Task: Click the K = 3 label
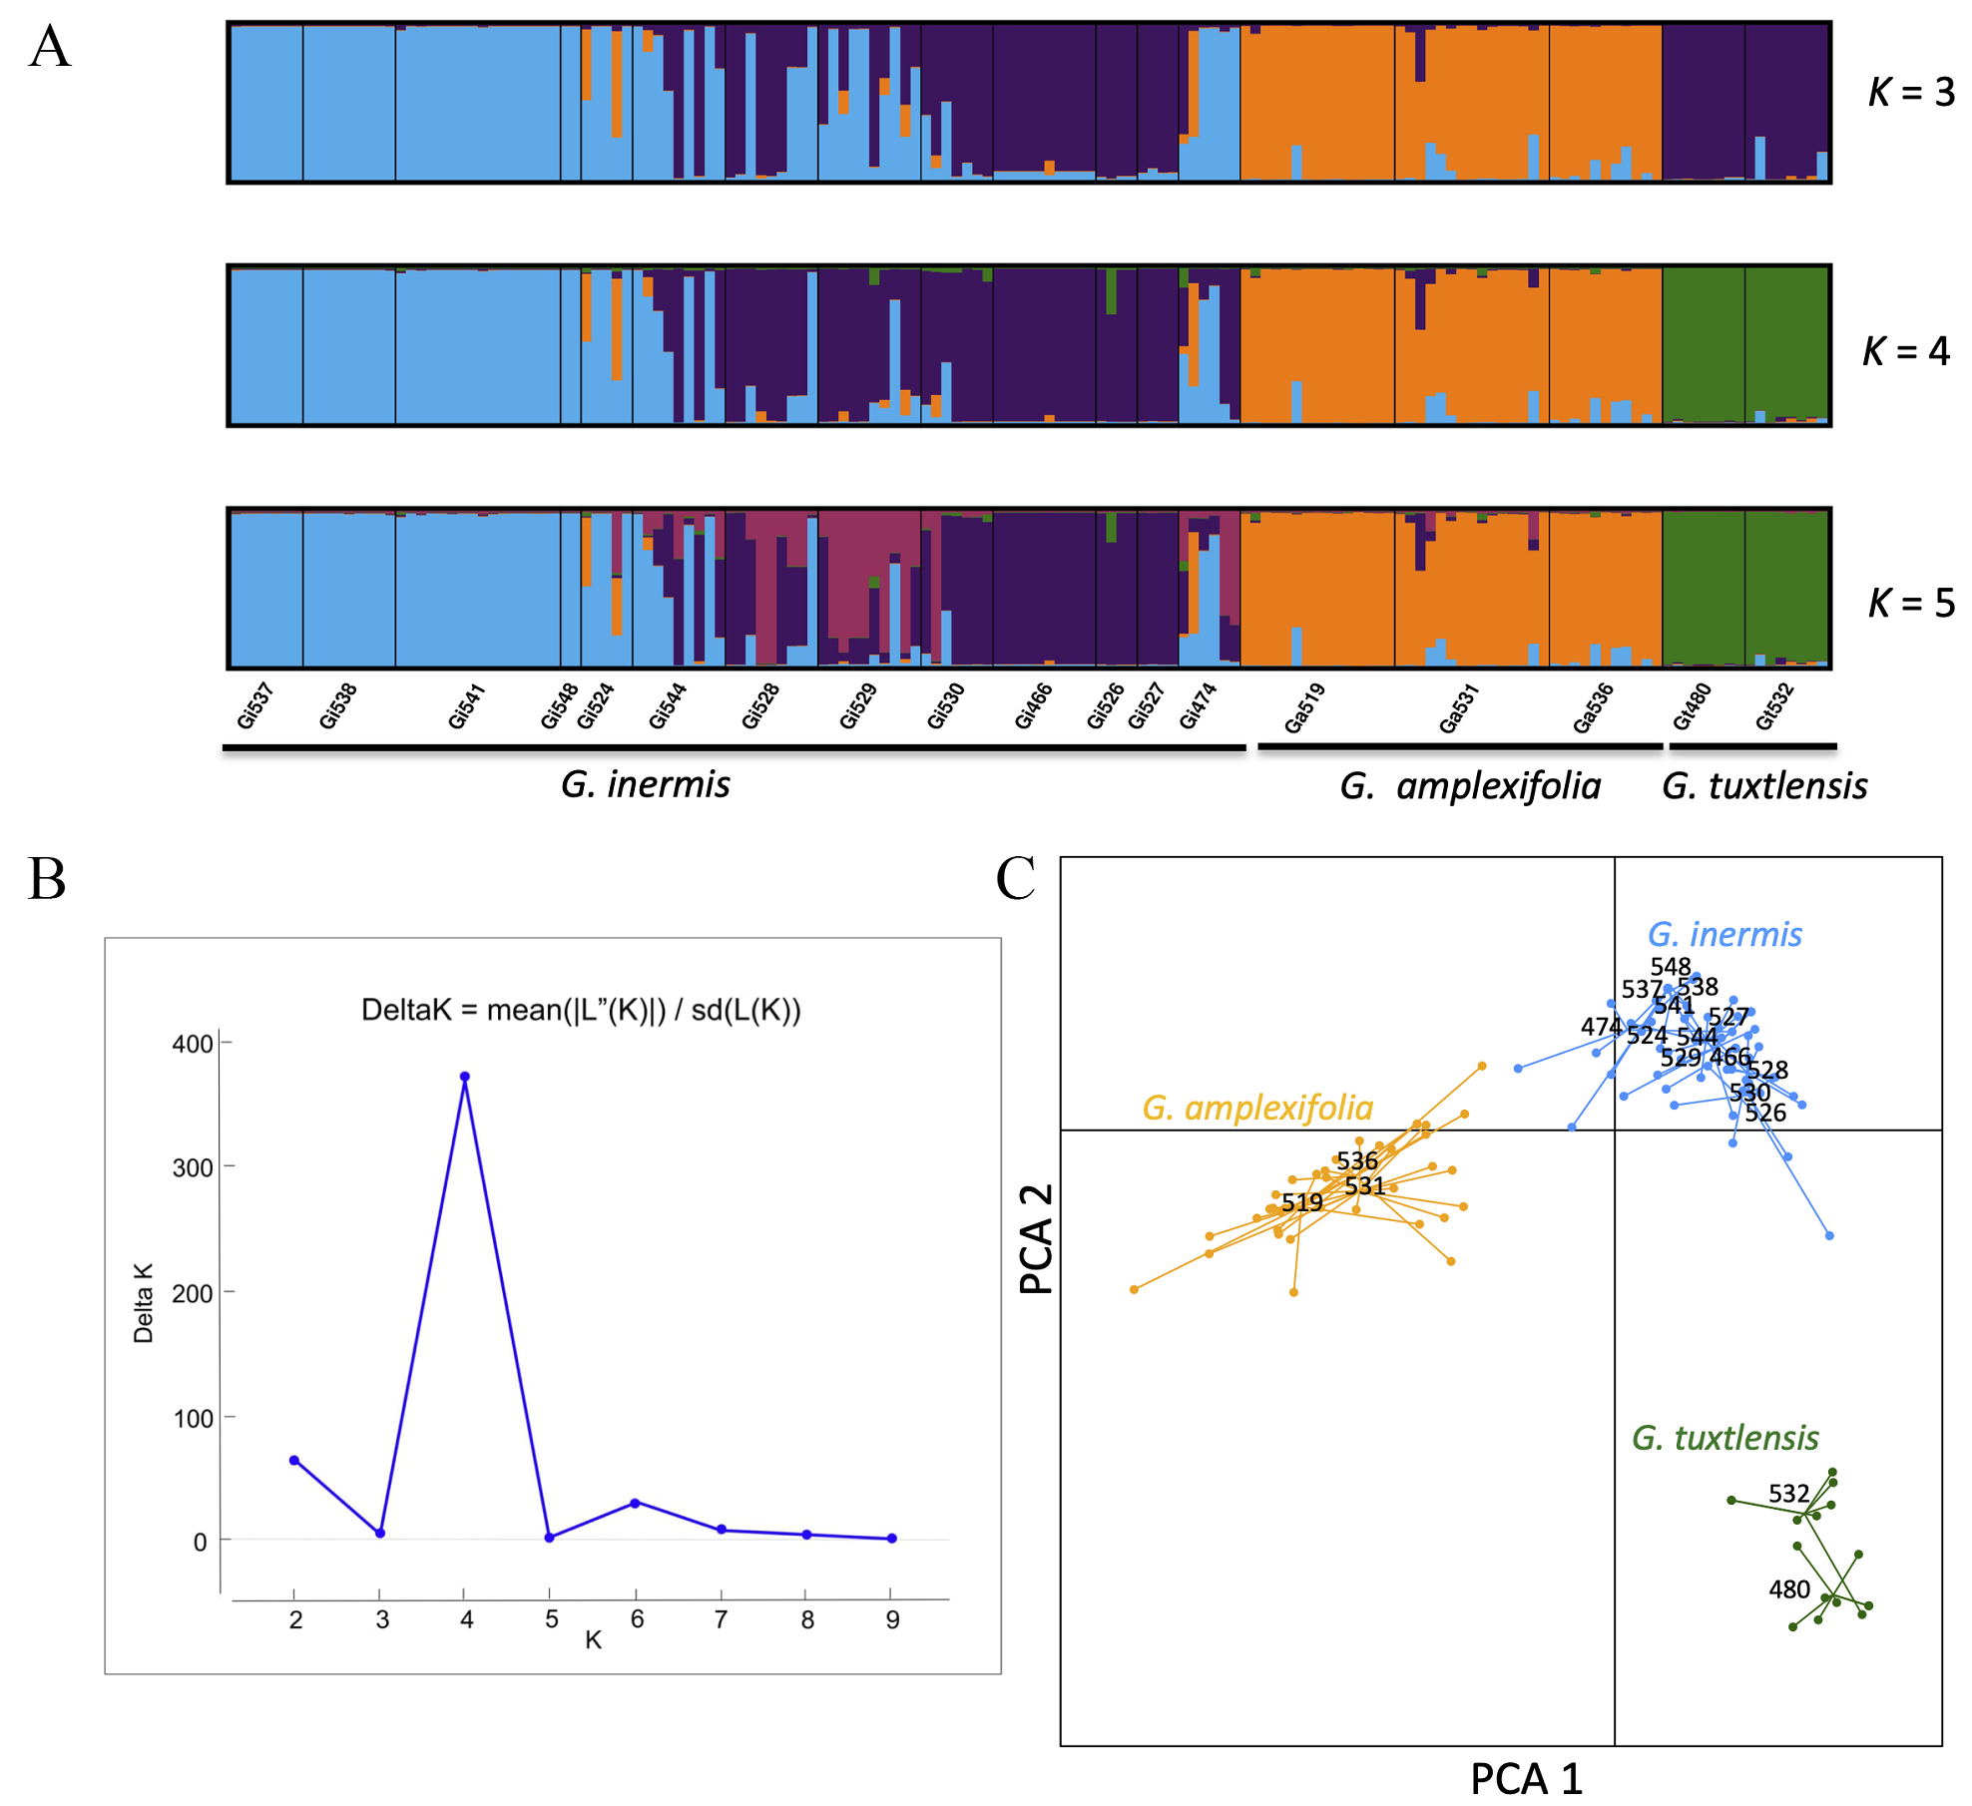coord(1910,93)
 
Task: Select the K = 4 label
coord(1905,351)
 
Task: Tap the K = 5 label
coord(1910,603)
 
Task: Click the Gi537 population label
coord(255,705)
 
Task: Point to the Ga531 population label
coord(1458,708)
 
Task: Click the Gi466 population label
coord(1033,706)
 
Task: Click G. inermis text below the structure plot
coord(645,784)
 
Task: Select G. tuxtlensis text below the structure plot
coord(1763,786)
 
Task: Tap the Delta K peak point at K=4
coord(465,1077)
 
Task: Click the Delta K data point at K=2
coord(294,1460)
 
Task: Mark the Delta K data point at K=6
coord(636,1503)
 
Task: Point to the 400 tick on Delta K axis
coord(193,1044)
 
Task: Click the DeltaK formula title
coord(581,1010)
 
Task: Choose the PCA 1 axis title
coord(1526,1779)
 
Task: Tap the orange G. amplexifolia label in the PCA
coord(1256,1108)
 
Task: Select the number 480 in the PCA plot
coord(1789,1589)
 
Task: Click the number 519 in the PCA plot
coord(1302,1202)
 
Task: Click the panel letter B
coord(47,879)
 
